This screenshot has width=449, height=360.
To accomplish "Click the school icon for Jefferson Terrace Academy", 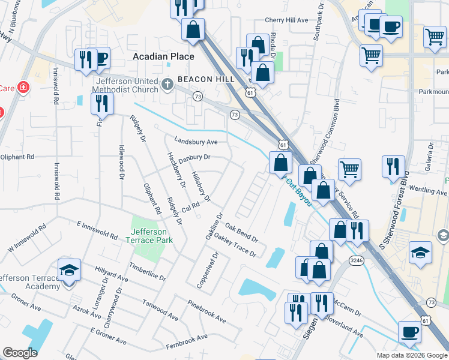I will pyautogui.click(x=70, y=271).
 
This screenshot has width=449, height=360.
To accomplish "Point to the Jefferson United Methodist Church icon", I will pyautogui.click(x=168, y=82).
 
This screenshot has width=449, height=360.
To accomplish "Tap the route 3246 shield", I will pyautogui.click(x=357, y=260).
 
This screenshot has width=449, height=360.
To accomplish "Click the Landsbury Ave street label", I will pyautogui.click(x=196, y=142).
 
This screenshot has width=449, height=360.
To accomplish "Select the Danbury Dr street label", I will pyautogui.click(x=194, y=157).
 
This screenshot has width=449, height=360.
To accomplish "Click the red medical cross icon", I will pyautogui.click(x=23, y=88).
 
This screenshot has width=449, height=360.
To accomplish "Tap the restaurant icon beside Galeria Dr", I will pyautogui.click(x=393, y=166).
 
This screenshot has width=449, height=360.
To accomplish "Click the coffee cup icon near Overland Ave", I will pyautogui.click(x=410, y=331).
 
